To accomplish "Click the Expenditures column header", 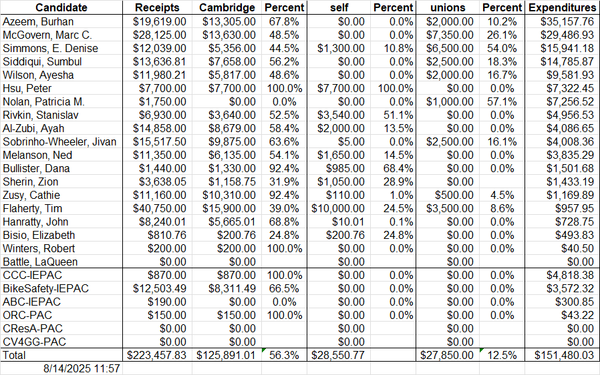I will [x=561, y=7].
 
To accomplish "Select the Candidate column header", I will [x=61, y=7].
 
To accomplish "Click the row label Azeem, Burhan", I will [x=38, y=21].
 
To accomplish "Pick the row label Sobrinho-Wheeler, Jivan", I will [x=59, y=141].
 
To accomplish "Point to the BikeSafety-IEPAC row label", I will [x=46, y=288].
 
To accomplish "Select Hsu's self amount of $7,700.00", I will [x=341, y=88].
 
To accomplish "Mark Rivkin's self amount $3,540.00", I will [x=341, y=115].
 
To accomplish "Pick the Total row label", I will [x=15, y=356].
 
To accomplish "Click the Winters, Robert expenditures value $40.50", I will [x=580, y=248].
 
